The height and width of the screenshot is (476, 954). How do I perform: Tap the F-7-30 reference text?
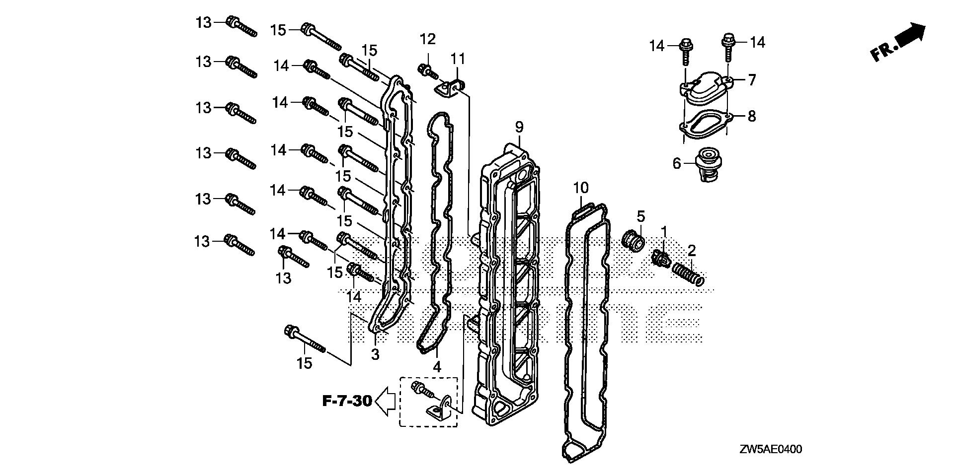(347, 401)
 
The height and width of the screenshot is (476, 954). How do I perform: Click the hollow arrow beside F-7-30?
(385, 401)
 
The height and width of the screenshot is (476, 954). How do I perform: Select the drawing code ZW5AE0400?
(770, 450)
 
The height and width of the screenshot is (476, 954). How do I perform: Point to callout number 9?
(519, 128)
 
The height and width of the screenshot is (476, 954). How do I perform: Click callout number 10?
(581, 188)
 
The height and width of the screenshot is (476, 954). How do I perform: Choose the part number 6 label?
(677, 163)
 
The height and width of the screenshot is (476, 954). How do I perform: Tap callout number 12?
(428, 39)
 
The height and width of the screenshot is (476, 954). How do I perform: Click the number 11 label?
(458, 59)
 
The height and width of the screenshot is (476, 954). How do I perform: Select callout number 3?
(375, 354)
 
